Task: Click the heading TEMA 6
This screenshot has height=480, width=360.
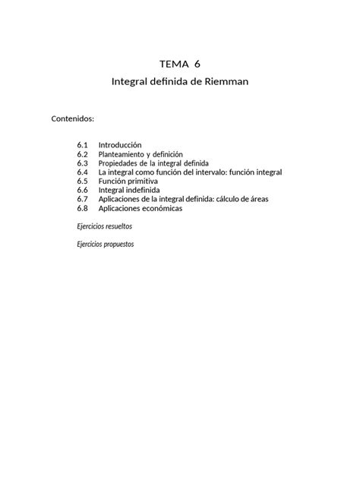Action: tap(180, 63)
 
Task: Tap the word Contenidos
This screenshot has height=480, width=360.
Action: tap(72, 119)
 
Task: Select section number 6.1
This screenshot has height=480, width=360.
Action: tap(83, 144)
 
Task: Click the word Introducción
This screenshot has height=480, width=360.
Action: tap(120, 144)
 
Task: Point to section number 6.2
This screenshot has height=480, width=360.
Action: tap(83, 153)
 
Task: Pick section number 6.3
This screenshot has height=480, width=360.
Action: tap(83, 163)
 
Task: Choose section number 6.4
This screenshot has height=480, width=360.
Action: tap(83, 172)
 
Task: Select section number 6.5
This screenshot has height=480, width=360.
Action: tap(83, 181)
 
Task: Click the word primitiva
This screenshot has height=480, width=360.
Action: tap(144, 181)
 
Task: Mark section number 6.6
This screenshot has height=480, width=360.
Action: tap(83, 190)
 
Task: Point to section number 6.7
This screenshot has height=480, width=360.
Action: tap(83, 199)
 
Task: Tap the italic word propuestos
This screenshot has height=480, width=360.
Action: tap(119, 245)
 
